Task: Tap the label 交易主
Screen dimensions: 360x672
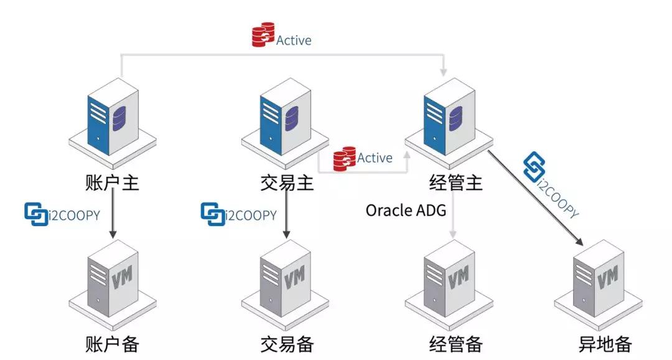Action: click(x=287, y=183)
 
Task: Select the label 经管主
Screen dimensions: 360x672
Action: click(x=455, y=183)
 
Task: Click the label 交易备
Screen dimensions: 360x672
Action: click(x=287, y=343)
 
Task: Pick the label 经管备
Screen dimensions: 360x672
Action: click(x=455, y=343)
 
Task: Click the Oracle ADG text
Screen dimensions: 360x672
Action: click(x=406, y=211)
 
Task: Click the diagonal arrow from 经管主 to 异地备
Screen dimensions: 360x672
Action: click(x=535, y=197)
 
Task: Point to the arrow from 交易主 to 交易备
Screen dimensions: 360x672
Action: click(x=287, y=215)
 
